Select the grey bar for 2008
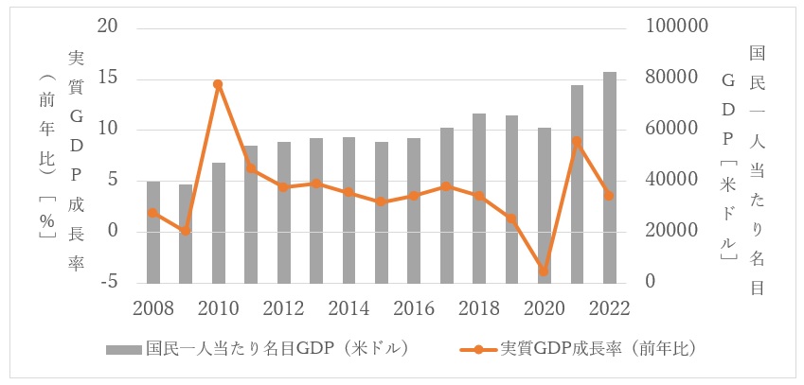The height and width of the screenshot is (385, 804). point(153,232)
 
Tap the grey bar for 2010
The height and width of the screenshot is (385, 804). point(218,223)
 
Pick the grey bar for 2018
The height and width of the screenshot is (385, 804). point(479,199)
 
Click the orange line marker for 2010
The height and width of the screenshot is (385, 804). point(218,84)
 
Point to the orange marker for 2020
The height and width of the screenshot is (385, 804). point(544,271)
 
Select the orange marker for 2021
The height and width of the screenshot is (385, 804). point(577,142)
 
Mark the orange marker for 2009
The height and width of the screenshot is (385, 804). point(186,231)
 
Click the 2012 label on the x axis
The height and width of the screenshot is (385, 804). point(283,307)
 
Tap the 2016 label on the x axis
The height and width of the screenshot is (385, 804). point(414,307)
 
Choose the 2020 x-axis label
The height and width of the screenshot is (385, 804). point(544,307)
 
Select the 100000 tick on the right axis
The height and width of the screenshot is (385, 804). point(676,26)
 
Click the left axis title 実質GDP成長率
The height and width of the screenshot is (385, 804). point(77,161)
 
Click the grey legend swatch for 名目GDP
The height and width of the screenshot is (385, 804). point(123,348)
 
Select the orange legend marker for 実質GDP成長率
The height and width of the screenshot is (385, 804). point(479,348)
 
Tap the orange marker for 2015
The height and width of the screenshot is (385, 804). point(381,201)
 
